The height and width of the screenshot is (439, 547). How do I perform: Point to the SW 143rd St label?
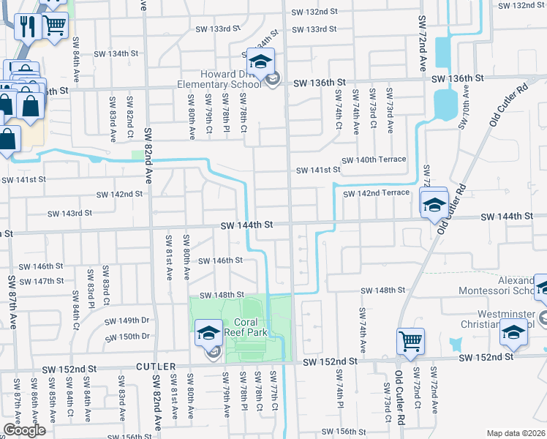[69, 214]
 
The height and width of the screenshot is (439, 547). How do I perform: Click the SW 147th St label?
[42, 281]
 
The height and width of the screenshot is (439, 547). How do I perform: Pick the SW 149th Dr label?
[127, 320]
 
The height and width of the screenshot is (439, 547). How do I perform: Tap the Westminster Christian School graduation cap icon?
[513, 334]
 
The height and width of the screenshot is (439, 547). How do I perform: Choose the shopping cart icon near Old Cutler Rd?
[410, 339]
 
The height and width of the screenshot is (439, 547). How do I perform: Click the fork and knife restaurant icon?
[28, 27]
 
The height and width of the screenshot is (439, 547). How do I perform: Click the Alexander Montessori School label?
[505, 285]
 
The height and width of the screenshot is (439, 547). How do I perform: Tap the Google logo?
[24, 430]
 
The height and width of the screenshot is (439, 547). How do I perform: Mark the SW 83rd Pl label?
[91, 288]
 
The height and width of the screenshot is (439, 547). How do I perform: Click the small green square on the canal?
[137, 155]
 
